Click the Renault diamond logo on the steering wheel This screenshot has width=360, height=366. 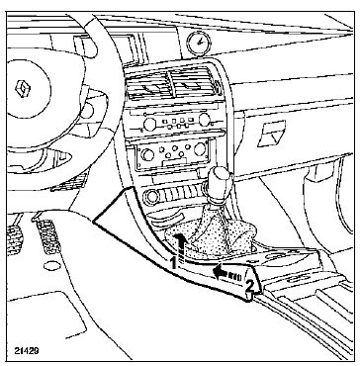pos(23,89)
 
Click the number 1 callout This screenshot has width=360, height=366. pos(172,263)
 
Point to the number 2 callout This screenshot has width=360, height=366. pos(250,286)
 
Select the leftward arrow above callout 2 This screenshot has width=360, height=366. pos(227,272)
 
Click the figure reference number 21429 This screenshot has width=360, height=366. pos(27,350)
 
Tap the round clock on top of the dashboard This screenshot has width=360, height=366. pos(199,43)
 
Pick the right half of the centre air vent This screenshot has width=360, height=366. pos(194,83)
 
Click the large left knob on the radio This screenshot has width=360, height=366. pos(149,124)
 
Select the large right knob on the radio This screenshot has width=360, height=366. pos(205,119)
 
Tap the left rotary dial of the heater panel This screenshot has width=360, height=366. pos(146,154)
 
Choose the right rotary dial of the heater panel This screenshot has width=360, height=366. pos(200,149)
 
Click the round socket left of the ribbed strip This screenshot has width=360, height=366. pos(152,197)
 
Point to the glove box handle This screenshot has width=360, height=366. pos(271,134)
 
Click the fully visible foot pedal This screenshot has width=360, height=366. pos(47,236)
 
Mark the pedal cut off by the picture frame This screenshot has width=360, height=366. pos(14,239)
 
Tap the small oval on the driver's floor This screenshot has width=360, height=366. pos(52,266)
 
